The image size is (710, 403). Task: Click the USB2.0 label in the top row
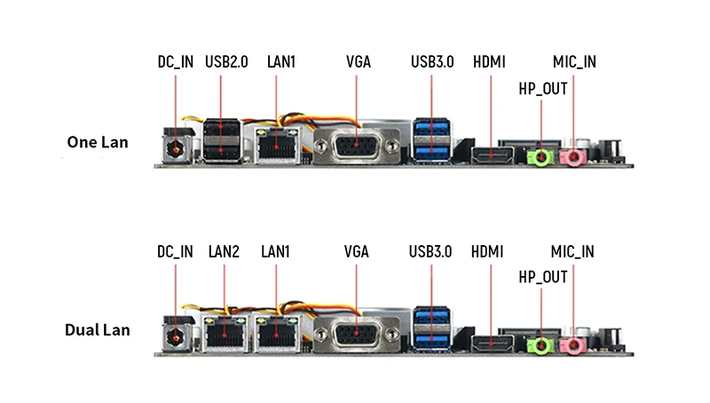225,62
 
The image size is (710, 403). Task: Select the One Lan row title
98,141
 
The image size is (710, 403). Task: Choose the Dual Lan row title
98,330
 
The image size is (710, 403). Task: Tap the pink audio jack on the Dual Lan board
575,346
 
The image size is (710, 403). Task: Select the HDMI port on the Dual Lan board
491,344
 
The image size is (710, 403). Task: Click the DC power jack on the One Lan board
177,146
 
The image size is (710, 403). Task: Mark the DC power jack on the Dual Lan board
177,336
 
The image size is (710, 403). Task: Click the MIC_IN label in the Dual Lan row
573,251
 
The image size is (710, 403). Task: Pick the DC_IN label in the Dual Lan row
175,251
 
